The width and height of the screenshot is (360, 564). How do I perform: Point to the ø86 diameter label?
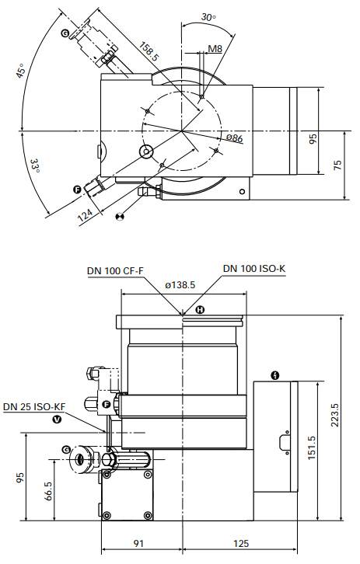(235, 138)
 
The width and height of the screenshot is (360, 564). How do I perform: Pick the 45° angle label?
(22, 75)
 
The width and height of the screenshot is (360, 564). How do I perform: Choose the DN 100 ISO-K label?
(254, 269)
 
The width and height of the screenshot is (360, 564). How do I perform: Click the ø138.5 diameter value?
(180, 285)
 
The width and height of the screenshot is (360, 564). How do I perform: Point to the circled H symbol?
(200, 310)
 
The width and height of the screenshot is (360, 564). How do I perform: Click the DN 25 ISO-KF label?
(34, 406)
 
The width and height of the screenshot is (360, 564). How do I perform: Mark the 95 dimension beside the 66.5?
(20, 477)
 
